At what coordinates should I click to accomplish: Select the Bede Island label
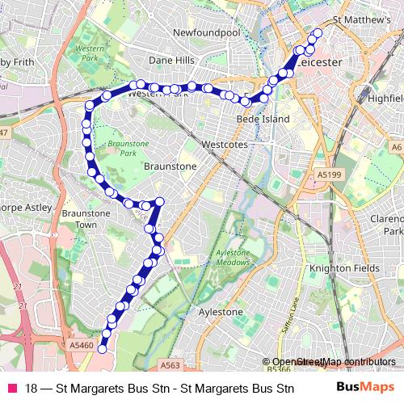[256, 118]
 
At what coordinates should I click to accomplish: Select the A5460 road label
[82, 345]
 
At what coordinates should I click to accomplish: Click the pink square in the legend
[11, 388]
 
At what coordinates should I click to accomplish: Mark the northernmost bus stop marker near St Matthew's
[316, 33]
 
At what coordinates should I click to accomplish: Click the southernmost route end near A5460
[103, 347]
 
